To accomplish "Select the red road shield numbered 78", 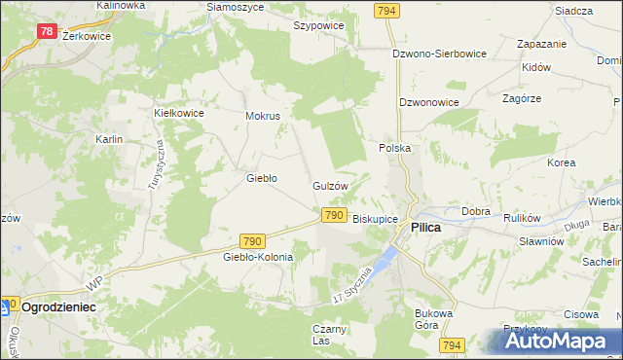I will [47, 31].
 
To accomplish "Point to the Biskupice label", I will [375, 219].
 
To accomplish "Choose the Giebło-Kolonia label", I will [258, 257].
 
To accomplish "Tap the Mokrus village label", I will [263, 116].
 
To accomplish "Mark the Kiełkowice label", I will [178, 113].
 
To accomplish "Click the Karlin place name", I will [108, 140].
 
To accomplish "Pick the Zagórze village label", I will [522, 99].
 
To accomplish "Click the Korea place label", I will [561, 163].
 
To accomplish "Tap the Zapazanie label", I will [542, 45].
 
